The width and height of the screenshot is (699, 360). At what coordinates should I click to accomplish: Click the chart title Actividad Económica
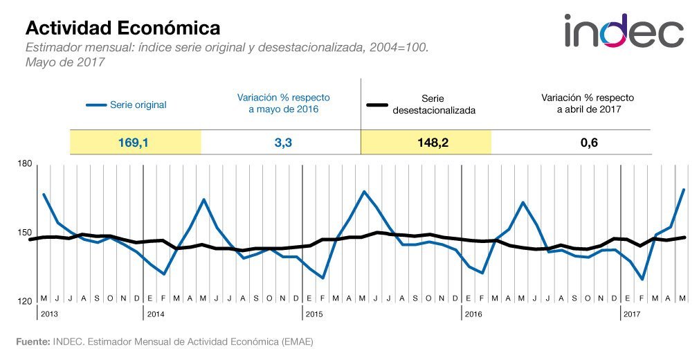tap(123, 28)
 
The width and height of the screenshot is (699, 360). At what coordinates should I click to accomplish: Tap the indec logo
tap(623, 31)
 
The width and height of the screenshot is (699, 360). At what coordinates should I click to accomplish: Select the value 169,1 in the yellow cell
tap(135, 143)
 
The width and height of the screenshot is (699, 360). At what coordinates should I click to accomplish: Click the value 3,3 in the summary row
tap(280, 143)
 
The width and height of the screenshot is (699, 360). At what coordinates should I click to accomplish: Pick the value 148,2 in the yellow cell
tap(426, 143)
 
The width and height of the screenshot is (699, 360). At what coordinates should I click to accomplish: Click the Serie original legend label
tap(138, 105)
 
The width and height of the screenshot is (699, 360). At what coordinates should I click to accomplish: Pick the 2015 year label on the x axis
tap(314, 314)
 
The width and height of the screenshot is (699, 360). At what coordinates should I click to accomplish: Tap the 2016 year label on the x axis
tap(473, 314)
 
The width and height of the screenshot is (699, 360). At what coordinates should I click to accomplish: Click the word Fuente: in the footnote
tap(33, 341)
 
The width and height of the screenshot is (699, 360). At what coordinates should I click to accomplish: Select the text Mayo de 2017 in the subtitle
tap(64, 62)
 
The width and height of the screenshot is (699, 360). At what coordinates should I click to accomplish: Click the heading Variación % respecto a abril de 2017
tap(587, 103)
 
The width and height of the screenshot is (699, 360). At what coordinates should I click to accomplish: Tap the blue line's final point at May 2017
tap(684, 189)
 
